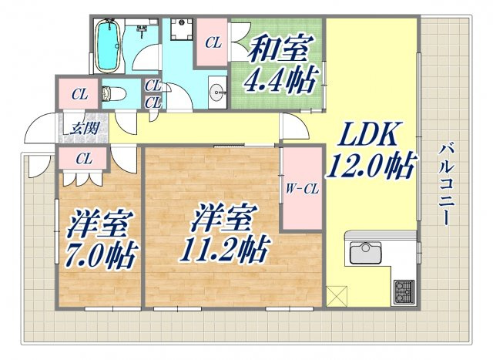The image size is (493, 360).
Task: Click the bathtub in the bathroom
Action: click(x=108, y=46)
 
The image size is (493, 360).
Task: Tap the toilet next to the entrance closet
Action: click(x=114, y=93)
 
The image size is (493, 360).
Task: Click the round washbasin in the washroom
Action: click(x=217, y=93)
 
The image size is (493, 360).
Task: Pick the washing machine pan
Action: click(x=182, y=29)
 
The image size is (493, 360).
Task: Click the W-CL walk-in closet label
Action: click(x=302, y=189)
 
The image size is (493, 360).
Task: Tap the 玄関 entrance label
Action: click(x=85, y=129)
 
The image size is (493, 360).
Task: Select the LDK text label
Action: click(x=367, y=133)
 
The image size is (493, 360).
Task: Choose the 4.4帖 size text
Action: click(x=280, y=79)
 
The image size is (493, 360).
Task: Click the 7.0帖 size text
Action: click(x=102, y=257)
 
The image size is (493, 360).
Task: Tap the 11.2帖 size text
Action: click(x=224, y=249)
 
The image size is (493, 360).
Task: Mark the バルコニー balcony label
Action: click(x=447, y=184)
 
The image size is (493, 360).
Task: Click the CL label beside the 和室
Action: click(x=213, y=43)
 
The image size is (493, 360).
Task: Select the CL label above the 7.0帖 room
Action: click(x=84, y=159)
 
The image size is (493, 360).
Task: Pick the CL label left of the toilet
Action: click(x=79, y=94)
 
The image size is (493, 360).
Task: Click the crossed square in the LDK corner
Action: click(x=337, y=296)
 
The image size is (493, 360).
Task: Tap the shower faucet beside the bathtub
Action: click(x=142, y=29)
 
